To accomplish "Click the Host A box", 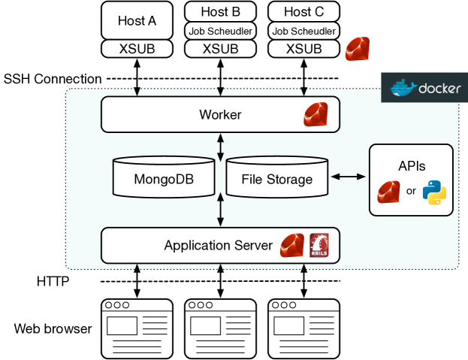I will pos(137,21).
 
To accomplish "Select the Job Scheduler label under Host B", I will pos(221,31).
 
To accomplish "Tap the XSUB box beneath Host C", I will pos(303,48).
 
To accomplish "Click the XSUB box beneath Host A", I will pos(137,48).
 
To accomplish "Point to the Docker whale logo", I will pos(404,87).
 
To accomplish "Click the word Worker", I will pos(220,115).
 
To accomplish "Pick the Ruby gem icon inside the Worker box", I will pos(317,114).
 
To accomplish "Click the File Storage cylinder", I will pos(277,179).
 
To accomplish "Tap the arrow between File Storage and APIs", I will pos(348,177).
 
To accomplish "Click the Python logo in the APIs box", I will pos(434,191).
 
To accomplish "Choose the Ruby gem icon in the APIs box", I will pos(389,191).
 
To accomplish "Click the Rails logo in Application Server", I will pos(319,245).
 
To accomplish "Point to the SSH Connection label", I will pos(53,79).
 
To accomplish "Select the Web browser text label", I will pos(53,328).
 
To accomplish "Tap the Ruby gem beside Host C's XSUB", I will pos(357,49).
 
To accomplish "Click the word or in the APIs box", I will pos(411,191).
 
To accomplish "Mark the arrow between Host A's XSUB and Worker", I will pos(137,77).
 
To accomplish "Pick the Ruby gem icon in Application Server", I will pos(291,245).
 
